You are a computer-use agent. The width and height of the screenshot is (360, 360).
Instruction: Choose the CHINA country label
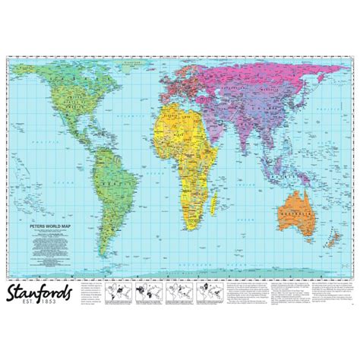pos(273,103)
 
